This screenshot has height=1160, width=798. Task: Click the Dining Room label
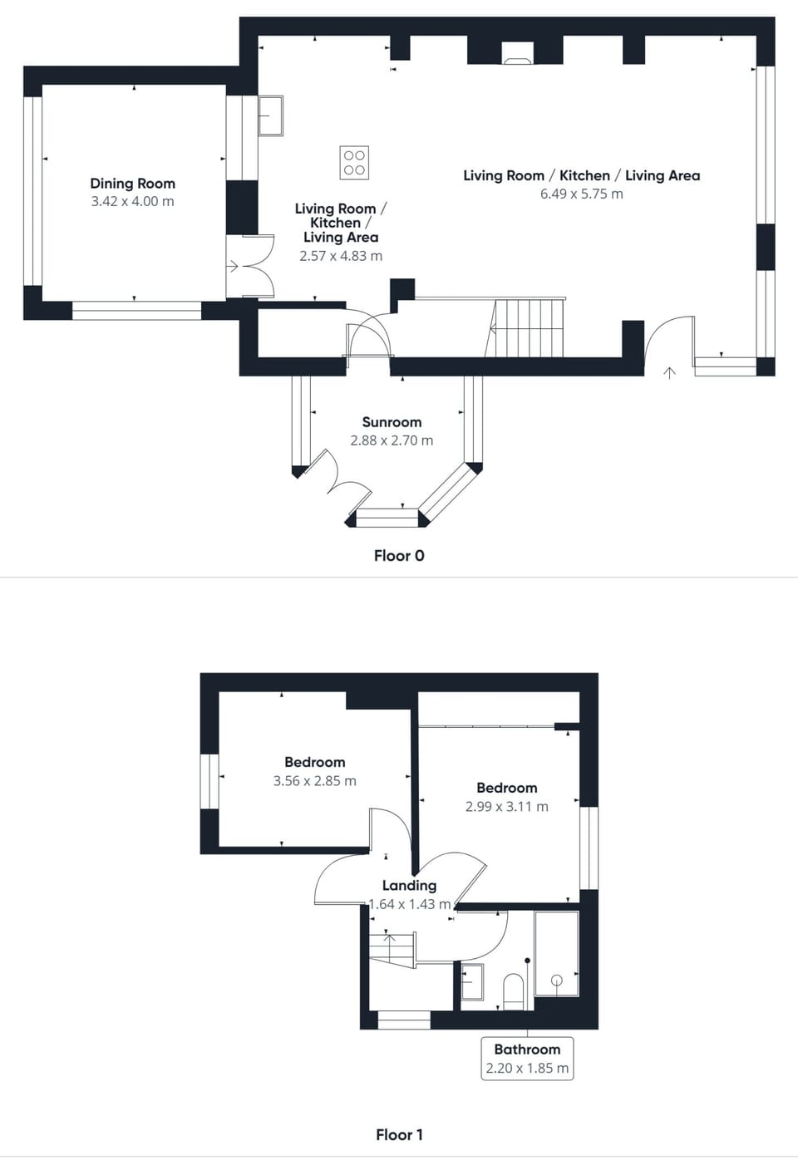point(132,184)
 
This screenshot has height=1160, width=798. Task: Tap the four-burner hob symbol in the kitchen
point(354,163)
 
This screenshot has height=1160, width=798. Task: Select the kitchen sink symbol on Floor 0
point(270,116)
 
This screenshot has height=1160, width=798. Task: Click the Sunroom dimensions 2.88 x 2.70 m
point(392,440)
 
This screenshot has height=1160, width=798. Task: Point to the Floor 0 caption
point(399,556)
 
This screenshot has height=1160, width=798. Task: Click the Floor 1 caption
point(399,1134)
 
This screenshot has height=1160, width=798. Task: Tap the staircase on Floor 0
point(527,327)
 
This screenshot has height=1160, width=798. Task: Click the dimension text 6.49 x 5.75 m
point(581,194)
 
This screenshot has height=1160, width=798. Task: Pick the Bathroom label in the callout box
point(527,1049)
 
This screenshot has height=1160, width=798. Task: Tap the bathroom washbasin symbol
point(472,981)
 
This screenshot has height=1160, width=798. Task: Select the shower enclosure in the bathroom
point(556,953)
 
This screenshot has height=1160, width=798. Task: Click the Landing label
point(409,886)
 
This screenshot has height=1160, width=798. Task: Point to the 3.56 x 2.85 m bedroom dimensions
point(314,781)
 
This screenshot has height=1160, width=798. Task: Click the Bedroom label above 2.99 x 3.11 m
point(506,788)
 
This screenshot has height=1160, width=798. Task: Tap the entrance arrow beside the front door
point(669,372)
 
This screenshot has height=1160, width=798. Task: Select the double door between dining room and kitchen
point(251,266)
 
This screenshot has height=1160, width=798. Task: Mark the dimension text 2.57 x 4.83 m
point(341,256)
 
